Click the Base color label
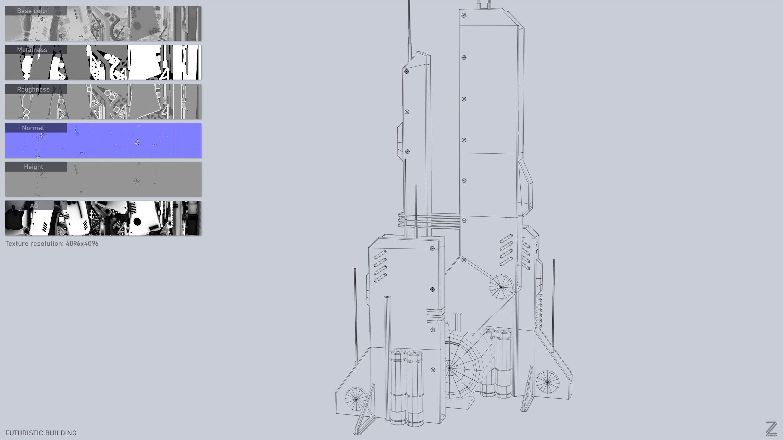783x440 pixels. point(33,11)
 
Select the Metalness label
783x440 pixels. point(32,50)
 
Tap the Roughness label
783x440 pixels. point(33,89)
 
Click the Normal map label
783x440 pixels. point(33,128)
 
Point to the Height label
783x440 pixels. point(33,167)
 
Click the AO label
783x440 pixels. point(34,206)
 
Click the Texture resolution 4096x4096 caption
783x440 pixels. point(52,244)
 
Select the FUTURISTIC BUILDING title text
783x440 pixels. point(41,433)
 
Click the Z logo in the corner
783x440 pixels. point(771,429)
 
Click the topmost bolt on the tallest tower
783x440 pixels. point(464,15)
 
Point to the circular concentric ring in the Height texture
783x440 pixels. point(137,181)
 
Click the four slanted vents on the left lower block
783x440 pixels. point(380,266)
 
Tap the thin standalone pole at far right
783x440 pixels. point(554,304)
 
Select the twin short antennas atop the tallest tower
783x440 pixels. point(484,4)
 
